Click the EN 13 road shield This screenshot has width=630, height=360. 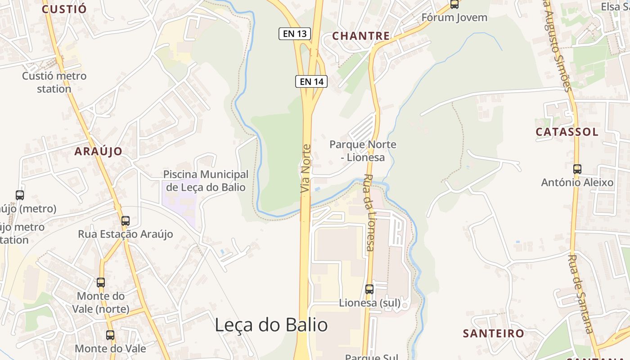point(295,33)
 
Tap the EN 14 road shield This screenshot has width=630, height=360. point(311,81)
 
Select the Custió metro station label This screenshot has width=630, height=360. point(54,82)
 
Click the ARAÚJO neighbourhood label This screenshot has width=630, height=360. point(98,151)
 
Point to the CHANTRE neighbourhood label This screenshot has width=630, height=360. point(361,36)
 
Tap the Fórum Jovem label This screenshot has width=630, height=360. point(454,18)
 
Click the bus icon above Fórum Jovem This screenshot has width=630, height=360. point(454,4)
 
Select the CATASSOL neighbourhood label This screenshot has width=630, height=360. point(567,132)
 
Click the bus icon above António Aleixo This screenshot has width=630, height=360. point(577,169)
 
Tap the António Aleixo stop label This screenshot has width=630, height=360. point(577,182)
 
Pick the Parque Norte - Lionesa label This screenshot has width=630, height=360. point(363,151)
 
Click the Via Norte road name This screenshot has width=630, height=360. point(306,169)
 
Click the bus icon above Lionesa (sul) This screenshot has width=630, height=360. point(369,289)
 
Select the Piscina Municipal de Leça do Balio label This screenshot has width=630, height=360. point(206,180)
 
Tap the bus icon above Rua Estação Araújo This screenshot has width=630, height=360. point(126,221)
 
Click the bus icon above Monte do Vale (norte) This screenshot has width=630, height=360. point(101,283)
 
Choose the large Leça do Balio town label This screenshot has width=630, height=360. point(271,324)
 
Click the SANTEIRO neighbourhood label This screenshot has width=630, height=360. point(494,333)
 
